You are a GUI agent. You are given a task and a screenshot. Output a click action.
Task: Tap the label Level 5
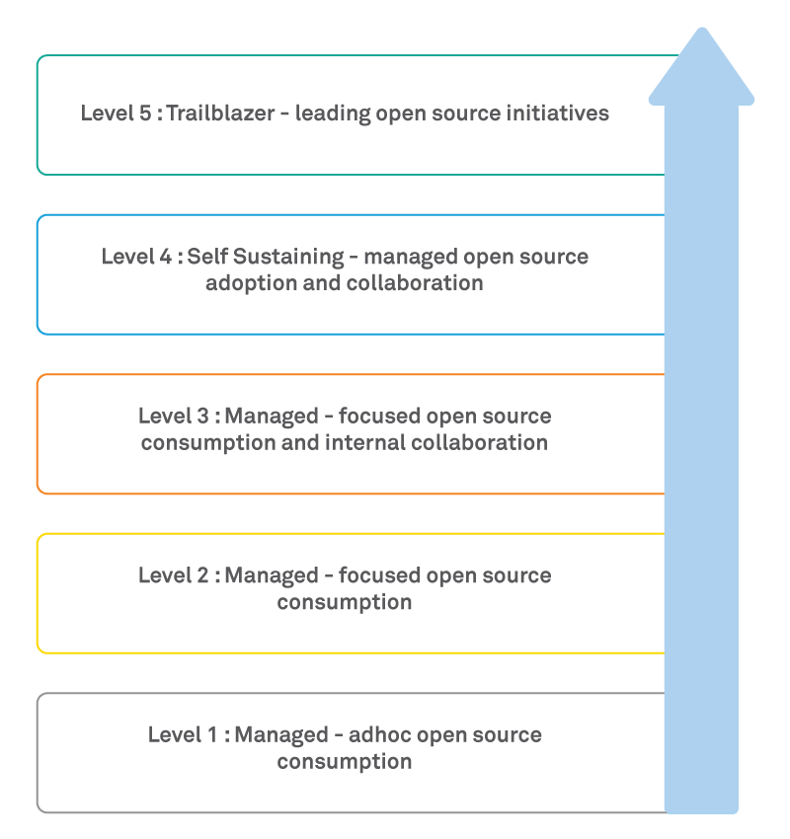(x=115, y=113)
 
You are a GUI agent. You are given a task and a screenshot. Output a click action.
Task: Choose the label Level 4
(x=135, y=257)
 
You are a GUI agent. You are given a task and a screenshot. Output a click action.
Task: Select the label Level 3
(x=173, y=416)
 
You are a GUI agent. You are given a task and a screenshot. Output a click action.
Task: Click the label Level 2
(x=173, y=574)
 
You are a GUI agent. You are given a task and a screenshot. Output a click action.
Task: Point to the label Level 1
(x=183, y=734)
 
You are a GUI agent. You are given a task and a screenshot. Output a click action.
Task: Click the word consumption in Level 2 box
(x=345, y=601)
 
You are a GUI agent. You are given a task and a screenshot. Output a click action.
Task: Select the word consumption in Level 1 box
(x=345, y=761)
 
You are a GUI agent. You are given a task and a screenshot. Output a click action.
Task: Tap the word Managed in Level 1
(x=280, y=734)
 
